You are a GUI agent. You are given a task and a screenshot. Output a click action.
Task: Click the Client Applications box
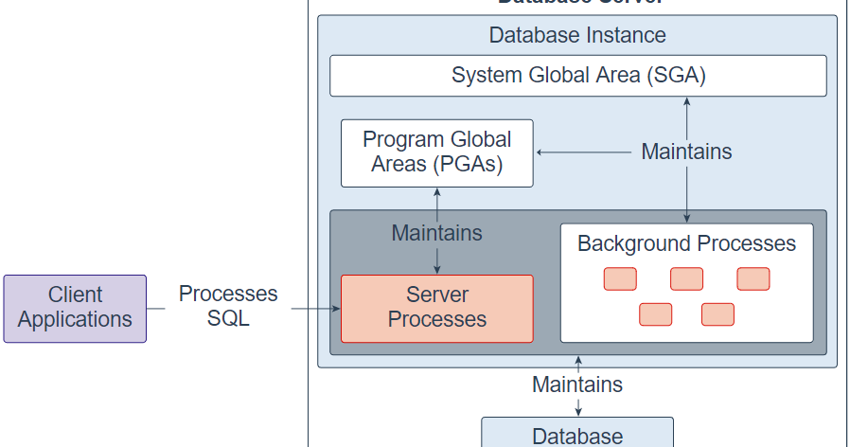[x=75, y=308]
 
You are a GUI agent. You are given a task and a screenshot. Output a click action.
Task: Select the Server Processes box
[x=436, y=308]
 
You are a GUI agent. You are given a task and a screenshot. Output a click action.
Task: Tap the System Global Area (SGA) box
[x=577, y=76]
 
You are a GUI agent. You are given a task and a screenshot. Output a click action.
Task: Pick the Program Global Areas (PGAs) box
[x=436, y=152]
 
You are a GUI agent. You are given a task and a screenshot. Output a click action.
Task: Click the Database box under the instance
[x=577, y=435]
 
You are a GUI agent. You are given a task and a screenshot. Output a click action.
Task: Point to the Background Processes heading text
[x=686, y=243]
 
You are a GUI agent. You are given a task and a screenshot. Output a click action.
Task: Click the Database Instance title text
[x=577, y=35]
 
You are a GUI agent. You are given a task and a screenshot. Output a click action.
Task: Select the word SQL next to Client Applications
[x=228, y=319]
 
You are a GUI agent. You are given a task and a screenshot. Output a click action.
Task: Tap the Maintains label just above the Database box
[x=577, y=384]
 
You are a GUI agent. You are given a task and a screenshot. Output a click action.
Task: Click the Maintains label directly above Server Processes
[x=436, y=232]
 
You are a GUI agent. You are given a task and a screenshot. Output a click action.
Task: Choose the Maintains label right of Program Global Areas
[x=686, y=152]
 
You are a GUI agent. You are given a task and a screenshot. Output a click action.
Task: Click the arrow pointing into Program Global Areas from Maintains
[x=582, y=152]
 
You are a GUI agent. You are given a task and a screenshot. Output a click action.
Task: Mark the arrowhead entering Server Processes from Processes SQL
[x=334, y=309]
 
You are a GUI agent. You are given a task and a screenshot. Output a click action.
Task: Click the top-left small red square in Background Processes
[x=620, y=278]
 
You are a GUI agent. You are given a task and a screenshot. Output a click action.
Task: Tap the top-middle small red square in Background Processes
[x=686, y=278]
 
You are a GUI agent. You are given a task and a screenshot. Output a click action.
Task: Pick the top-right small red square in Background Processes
[x=753, y=278]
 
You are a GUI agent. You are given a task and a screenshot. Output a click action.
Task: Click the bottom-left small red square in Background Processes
[x=655, y=314]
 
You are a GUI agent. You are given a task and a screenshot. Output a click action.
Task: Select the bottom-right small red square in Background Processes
[x=717, y=314]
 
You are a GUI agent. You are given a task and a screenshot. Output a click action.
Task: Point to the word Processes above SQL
[x=228, y=295]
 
